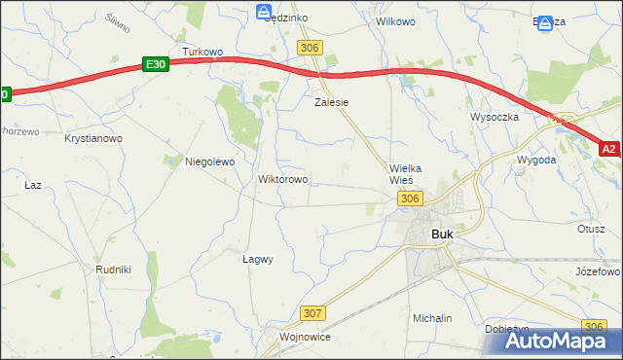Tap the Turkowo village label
(203, 52)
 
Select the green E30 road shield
(155, 63)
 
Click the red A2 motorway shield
(609, 149)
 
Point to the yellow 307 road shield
(312, 312)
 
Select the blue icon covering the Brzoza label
(545, 21)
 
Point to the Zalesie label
(331, 101)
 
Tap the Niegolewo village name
(210, 162)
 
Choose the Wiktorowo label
(282, 179)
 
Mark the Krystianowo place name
(93, 139)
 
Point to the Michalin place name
(432, 318)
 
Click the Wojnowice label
(305, 337)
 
